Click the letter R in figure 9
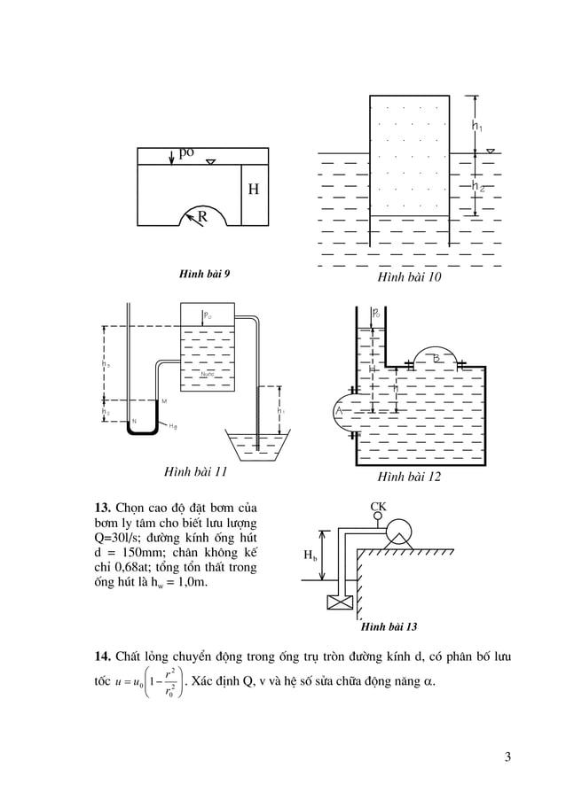(202, 215)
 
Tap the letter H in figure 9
(253, 190)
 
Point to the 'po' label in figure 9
(186, 152)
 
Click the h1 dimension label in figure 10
(477, 127)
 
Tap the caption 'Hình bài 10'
(409, 278)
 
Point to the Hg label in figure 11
(173, 427)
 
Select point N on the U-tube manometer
(134, 420)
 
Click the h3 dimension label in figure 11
(106, 411)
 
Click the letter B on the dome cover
(436, 357)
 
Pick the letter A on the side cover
(338, 412)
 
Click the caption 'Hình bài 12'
(409, 478)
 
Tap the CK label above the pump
(378, 507)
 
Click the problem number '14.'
(103, 656)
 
